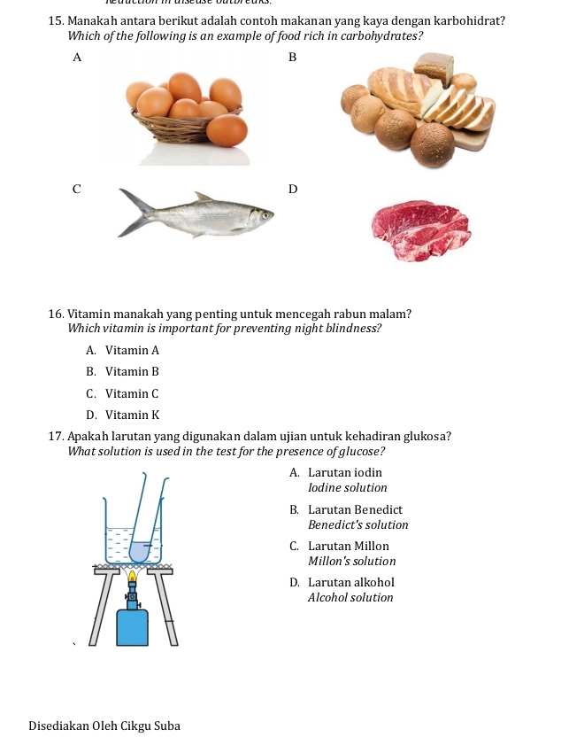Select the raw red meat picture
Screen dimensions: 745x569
[420, 230]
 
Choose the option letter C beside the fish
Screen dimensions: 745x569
[77, 188]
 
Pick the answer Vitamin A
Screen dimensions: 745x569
[131, 351]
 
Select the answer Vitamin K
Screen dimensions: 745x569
[131, 415]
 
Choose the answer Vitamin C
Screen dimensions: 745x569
[131, 393]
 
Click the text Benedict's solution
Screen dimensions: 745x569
[358, 524]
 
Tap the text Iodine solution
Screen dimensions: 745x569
[347, 487]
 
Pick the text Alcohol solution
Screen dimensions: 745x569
[350, 598]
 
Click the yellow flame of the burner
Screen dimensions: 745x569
[133, 578]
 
